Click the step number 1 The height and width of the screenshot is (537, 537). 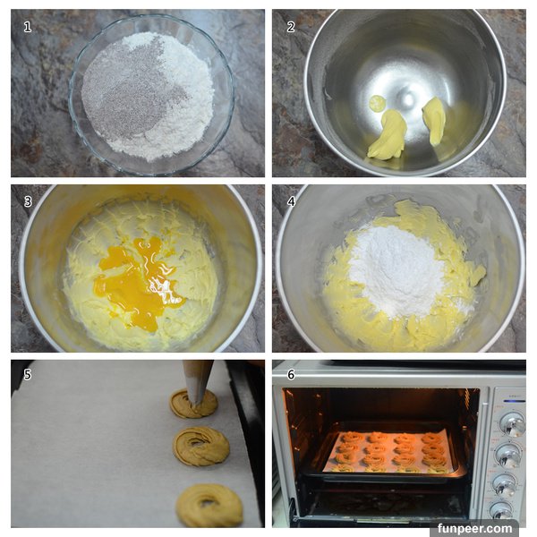[x=28, y=27]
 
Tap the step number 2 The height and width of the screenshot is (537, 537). [x=291, y=27]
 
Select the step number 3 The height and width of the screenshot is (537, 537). [x=28, y=201]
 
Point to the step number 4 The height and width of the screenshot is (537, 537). [x=291, y=201]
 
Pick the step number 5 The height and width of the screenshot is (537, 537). [x=28, y=375]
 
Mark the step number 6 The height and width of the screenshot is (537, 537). [x=291, y=375]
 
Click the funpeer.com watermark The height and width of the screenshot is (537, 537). [x=474, y=528]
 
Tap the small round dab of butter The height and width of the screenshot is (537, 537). [x=377, y=103]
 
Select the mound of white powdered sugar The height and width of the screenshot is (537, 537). [x=397, y=270]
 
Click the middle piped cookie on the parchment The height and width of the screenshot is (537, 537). [x=200, y=447]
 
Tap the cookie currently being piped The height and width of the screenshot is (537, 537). [x=194, y=405]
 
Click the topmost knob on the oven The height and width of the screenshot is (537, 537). [x=512, y=424]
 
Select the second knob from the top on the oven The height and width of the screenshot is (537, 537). [x=507, y=456]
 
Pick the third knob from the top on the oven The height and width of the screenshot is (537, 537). [x=503, y=484]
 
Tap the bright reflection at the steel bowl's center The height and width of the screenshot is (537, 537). [x=408, y=98]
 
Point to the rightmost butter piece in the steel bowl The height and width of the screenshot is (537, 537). [x=434, y=121]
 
